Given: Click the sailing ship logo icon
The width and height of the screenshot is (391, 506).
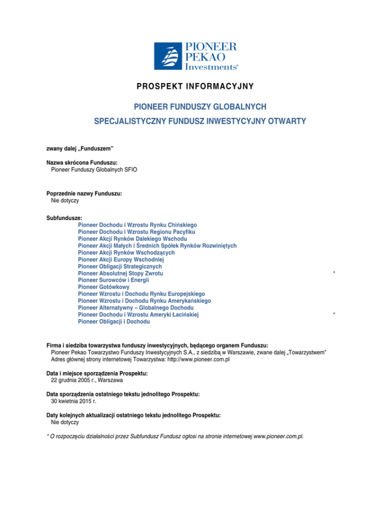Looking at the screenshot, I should click(x=169, y=56).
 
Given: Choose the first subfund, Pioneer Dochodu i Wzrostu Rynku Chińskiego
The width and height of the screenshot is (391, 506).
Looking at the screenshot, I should click(x=137, y=224).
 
